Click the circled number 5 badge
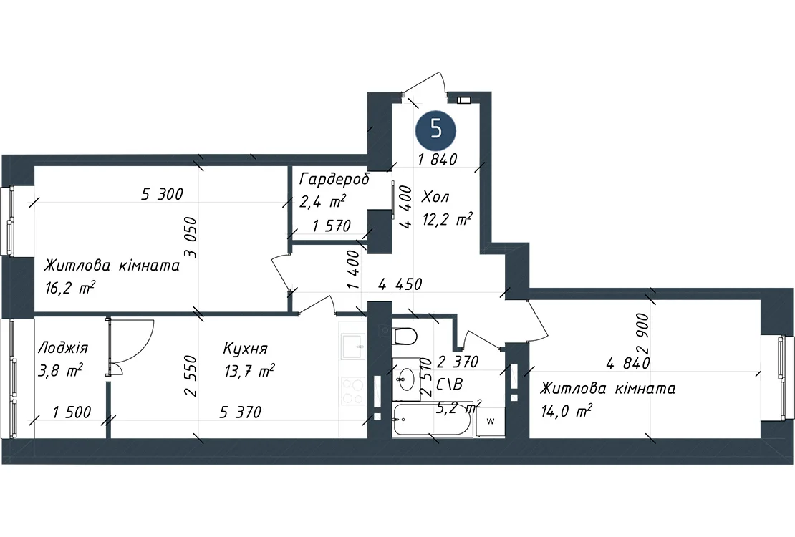(436, 130)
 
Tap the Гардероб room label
(334, 179)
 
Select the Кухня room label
(246, 349)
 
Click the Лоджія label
(63, 348)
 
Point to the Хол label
(435, 196)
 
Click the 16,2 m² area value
(70, 288)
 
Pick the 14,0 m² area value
(567, 410)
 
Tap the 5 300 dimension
(163, 194)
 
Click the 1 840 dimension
(438, 159)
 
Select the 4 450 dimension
(400, 284)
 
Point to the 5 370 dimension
(241, 412)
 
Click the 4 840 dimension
(628, 363)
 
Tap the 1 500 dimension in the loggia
(72, 412)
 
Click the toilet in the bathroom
(405, 335)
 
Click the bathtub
(433, 420)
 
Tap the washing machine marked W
(491, 422)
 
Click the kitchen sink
(353, 347)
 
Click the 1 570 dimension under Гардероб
(332, 226)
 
